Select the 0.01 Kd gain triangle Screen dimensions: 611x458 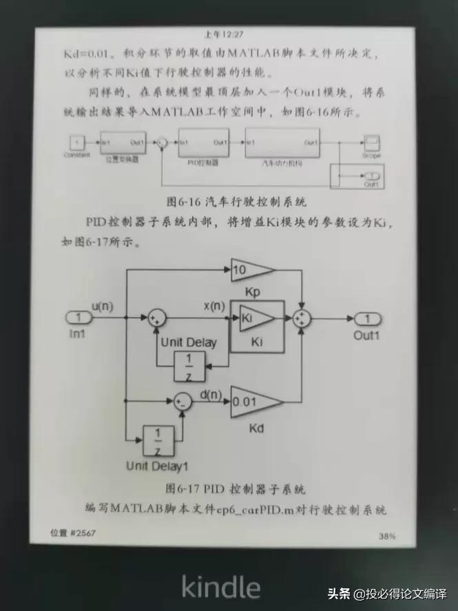253,401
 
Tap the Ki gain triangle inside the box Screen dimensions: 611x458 256,318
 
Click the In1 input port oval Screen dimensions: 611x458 80,318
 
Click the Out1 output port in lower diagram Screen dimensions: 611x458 368,318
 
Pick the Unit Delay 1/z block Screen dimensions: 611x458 188,366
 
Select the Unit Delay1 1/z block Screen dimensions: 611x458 158,441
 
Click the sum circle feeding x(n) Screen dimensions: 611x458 157,318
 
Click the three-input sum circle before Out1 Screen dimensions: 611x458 302,318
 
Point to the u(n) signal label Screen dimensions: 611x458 103,305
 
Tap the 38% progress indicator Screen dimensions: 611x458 386,536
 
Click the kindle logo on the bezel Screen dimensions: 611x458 220,587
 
